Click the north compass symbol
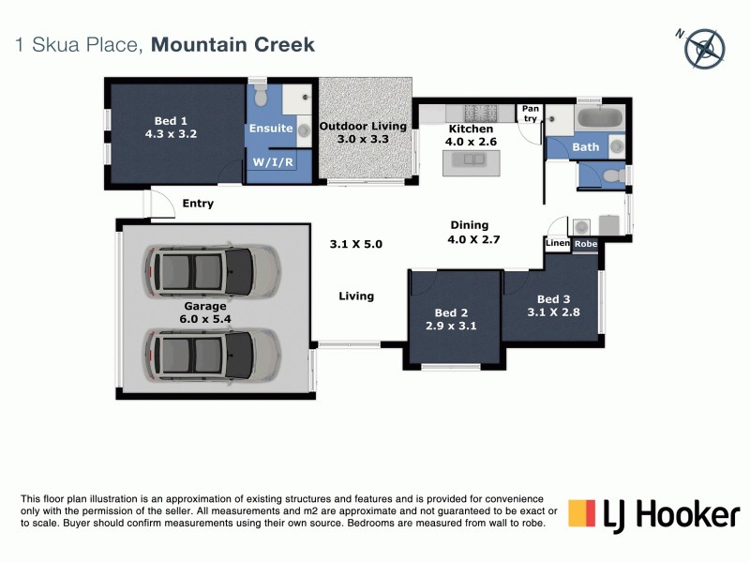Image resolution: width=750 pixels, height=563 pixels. pos(704,48)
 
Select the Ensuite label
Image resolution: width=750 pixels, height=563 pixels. pos(270,129)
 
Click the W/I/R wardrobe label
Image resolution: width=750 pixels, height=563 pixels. pos(270,162)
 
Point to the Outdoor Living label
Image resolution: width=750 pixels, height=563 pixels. pos(363,126)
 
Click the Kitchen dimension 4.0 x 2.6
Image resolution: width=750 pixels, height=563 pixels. pos(471,143)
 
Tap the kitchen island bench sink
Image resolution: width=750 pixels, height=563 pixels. pos(469,160)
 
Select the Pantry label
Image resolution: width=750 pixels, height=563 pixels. pos(531,114)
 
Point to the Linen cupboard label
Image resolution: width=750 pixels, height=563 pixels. pos(556,244)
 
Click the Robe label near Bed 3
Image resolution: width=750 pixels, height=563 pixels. pos(585,244)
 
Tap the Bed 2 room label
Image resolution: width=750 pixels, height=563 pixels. pos(451,312)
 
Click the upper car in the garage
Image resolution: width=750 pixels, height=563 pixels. pos(212,270)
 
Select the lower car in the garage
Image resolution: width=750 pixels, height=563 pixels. pos(212,356)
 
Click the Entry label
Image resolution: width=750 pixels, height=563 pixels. pos(198,204)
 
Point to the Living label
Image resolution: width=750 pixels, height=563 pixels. pos(356,297)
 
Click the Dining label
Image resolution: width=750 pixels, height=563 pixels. pos(470,225)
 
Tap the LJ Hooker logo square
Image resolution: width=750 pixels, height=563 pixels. pos(583,514)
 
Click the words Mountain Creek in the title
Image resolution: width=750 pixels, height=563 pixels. pos(232,44)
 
